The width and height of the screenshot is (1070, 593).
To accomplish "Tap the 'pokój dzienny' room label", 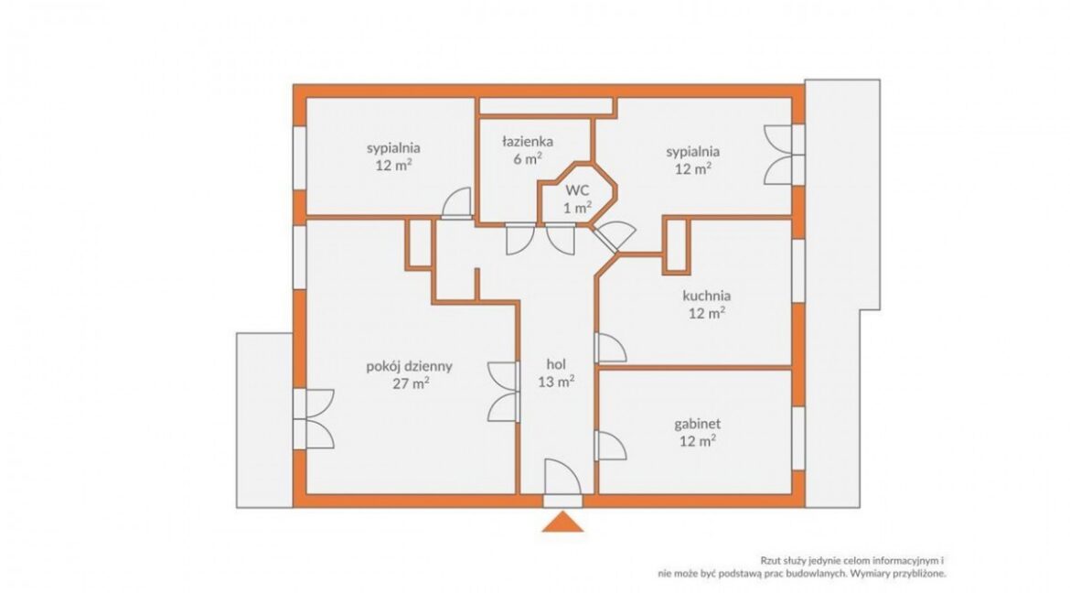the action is click(x=410, y=366).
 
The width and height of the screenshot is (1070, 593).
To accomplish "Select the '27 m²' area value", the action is click(x=411, y=383).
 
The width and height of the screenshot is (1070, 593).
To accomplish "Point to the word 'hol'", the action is click(x=556, y=364).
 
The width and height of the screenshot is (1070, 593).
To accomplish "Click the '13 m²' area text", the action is click(x=556, y=382).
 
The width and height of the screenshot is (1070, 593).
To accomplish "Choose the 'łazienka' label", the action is click(x=528, y=142).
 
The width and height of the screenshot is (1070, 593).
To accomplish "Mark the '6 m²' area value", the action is click(x=528, y=158).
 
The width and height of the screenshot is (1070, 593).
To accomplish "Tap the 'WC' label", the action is click(x=577, y=190).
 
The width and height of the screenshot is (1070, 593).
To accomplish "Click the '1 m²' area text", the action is click(x=577, y=208).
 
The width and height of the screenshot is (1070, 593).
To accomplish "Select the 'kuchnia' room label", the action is click(x=706, y=296).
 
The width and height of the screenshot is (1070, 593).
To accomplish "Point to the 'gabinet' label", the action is click(x=698, y=424).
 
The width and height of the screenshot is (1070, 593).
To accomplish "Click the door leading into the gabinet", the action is click(x=611, y=446).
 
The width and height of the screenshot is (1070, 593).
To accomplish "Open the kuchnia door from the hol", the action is click(x=611, y=348).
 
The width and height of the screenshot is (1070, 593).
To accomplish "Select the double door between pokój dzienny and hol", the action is click(x=504, y=392).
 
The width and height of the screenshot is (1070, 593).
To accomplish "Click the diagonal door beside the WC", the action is click(x=615, y=236).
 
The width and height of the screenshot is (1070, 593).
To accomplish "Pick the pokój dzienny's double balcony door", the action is click(x=314, y=419).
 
